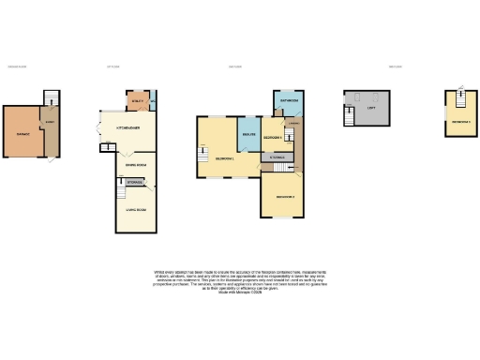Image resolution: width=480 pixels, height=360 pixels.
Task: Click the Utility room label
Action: pyautogui.click(x=135, y=98)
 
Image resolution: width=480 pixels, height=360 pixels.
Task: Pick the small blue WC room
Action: pyautogui.click(x=152, y=100)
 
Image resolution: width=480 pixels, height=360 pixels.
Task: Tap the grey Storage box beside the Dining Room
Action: pyautogui.click(x=135, y=180)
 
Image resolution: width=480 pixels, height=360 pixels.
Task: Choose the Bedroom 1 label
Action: pyautogui.click(x=223, y=158)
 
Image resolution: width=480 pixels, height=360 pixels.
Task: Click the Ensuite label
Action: pyautogui.click(x=248, y=136)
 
